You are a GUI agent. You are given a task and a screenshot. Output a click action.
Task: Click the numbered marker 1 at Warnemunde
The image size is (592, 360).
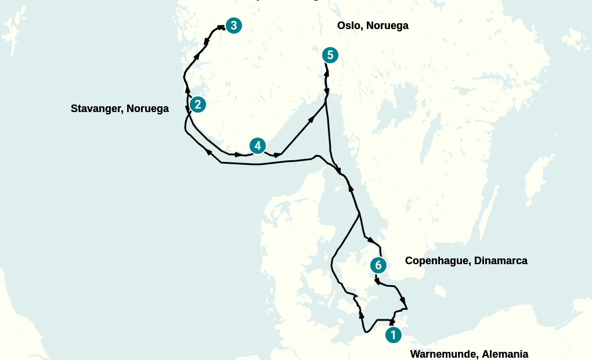point(393,335)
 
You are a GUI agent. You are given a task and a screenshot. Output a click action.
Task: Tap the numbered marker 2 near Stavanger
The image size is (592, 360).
point(198,105)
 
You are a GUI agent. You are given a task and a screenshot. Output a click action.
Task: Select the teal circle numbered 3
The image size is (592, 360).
point(233,26)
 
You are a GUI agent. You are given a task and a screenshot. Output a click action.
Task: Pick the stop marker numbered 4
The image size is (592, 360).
point(257,146)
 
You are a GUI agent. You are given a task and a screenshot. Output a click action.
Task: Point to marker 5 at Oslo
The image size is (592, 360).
point(330,55)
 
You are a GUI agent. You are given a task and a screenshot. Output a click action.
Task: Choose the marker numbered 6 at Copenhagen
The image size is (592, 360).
point(378,265)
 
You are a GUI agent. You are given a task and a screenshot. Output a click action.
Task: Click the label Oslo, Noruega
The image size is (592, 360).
point(373,26)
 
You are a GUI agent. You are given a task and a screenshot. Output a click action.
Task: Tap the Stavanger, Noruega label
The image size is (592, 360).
point(120,109)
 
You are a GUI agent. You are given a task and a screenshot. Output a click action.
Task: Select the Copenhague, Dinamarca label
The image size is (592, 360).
point(466,261)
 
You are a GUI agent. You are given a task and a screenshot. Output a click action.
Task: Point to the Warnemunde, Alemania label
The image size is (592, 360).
point(469,354)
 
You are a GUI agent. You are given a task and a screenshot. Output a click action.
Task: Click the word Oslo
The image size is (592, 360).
point(348,26)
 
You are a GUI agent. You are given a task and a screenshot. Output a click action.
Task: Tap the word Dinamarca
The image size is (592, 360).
point(500,261)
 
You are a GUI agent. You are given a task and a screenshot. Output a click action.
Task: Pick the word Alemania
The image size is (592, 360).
point(506,354)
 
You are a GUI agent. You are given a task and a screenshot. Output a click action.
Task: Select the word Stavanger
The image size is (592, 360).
point(96,109)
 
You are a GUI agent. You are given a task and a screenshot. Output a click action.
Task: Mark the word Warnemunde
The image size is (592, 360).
point(444,354)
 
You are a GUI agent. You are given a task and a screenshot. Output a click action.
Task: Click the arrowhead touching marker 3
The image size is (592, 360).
point(221,27)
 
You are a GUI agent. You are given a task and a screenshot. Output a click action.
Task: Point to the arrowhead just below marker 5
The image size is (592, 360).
point(327,73)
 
